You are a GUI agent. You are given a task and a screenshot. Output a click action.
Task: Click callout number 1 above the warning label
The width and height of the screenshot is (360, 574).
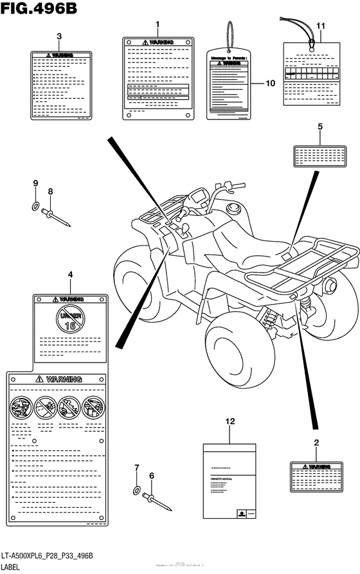coord(156,24)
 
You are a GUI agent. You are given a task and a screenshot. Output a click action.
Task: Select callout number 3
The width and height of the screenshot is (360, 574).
coord(59,36)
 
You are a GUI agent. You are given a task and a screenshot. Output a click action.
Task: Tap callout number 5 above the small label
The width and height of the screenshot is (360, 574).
coord(319,127)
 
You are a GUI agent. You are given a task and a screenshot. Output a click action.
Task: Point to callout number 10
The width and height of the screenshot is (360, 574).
coord(270,83)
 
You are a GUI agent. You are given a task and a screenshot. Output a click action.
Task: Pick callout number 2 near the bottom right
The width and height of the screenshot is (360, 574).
coord(316,443)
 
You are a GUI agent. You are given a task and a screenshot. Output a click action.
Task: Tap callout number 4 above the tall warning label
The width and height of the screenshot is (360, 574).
coord(70,275)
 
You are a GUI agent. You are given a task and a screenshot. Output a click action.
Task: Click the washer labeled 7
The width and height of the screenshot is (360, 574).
coord(136,490)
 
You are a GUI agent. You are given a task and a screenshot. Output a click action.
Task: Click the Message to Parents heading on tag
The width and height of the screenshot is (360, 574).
coord(229,58)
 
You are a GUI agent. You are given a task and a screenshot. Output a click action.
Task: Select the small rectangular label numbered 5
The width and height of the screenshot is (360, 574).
coord(319,155)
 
